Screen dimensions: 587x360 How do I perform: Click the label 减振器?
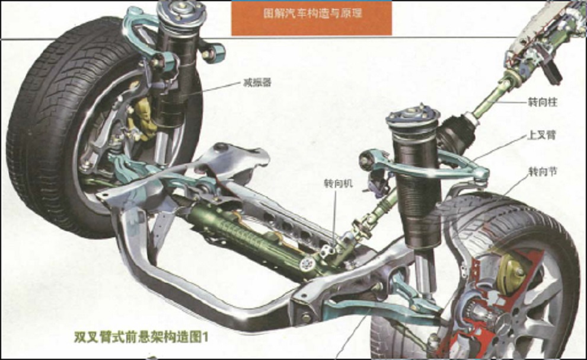click(x=257, y=83)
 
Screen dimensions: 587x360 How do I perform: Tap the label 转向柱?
click(x=543, y=102)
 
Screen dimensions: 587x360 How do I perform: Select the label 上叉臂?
click(x=541, y=135)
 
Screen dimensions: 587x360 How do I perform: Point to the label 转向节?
click(x=543, y=171)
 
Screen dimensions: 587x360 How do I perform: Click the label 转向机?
click(x=339, y=184)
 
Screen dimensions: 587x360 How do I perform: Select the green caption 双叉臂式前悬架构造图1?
click(x=141, y=337)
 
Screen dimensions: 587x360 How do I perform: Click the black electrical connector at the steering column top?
click(x=551, y=72)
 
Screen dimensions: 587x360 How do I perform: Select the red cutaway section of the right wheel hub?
click(x=487, y=300)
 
